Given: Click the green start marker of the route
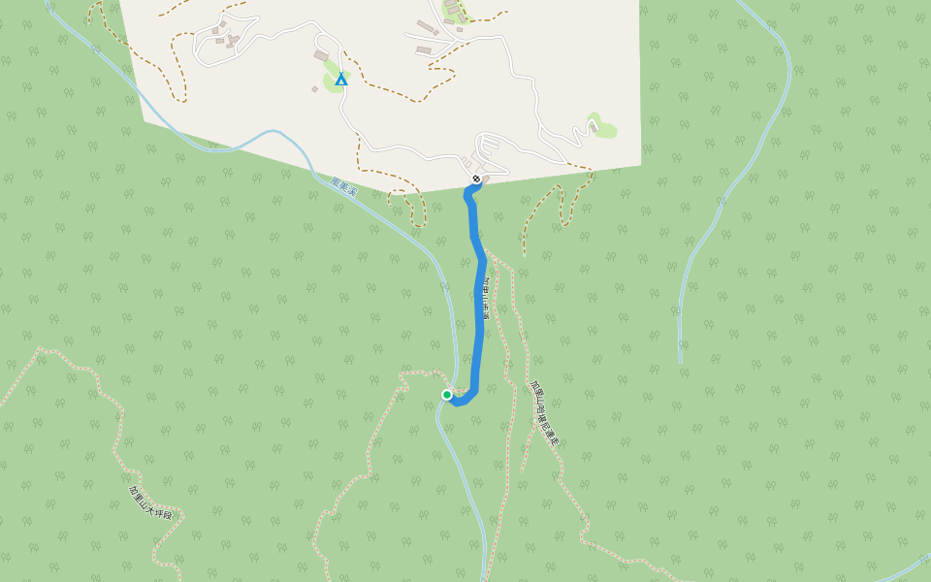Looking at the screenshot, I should [x=447, y=395].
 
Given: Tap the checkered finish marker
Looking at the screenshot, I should [x=476, y=178].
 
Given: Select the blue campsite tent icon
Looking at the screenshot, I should [x=340, y=80].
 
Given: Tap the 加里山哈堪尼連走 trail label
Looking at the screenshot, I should [x=545, y=413].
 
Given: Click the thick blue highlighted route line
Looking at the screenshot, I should [x=479, y=320].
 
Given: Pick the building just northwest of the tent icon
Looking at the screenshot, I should [x=321, y=56].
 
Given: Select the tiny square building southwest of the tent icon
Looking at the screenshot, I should [x=314, y=89].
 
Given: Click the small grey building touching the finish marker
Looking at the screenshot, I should [x=485, y=177].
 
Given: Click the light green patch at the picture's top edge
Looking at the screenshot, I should [x=453, y=10].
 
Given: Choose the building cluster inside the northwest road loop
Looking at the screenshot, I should [x=227, y=37].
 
